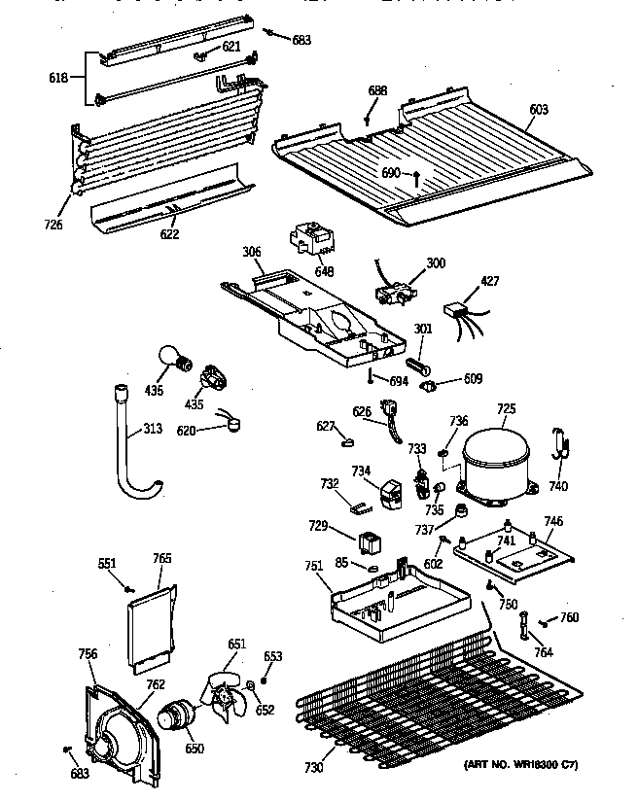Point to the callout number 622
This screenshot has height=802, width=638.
pyautogui.click(x=169, y=233)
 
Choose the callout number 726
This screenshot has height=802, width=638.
pyautogui.click(x=53, y=225)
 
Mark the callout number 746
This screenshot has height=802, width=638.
pyautogui.click(x=552, y=522)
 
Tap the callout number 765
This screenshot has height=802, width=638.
pyautogui.click(x=162, y=558)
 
